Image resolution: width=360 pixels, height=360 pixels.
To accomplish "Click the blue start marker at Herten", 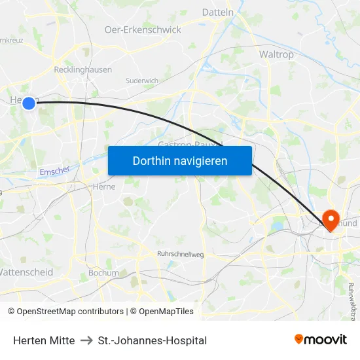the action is click(28, 103).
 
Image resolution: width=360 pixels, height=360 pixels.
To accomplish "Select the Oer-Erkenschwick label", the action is click(143, 29).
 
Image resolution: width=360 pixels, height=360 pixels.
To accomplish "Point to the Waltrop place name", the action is click(277, 54).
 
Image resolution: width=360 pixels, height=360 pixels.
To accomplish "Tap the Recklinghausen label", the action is click(82, 69).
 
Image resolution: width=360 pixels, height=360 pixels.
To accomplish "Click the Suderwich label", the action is click(142, 81).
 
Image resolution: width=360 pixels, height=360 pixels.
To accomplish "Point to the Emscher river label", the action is click(55, 171).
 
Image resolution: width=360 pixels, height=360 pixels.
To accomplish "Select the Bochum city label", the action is click(103, 273).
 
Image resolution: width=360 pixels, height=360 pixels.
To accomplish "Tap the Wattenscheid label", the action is click(26, 272).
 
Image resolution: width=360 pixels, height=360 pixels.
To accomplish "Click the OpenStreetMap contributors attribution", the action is click(71, 312).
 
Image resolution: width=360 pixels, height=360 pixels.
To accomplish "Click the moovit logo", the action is click(321, 339).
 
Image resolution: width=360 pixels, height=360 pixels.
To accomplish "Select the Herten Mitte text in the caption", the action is click(44, 340).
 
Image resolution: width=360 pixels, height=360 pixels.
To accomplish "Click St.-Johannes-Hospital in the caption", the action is click(152, 340).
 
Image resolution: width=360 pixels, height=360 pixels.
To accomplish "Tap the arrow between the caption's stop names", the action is click(86, 340).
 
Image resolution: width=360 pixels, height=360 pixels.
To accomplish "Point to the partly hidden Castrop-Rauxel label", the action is click(190, 143).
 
